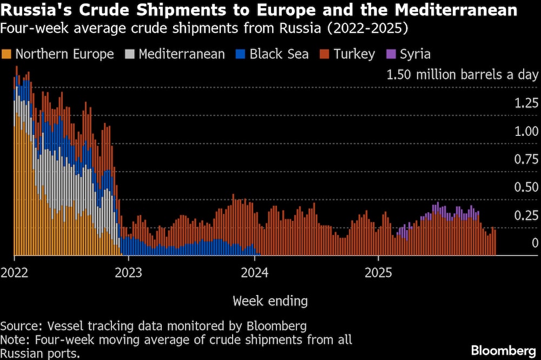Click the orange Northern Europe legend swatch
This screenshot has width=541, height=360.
tap(6, 54)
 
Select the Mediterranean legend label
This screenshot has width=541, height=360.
tap(182, 54)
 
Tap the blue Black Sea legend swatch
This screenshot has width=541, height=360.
tap(240, 54)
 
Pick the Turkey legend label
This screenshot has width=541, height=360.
tap(354, 54)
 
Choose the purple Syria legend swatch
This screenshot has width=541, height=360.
tap(391, 54)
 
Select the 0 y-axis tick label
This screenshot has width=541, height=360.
tap(535, 243)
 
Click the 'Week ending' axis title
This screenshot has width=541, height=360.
tap(270, 301)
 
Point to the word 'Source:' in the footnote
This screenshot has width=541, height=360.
tap(22, 326)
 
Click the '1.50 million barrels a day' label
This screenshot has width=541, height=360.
tap(463, 75)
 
